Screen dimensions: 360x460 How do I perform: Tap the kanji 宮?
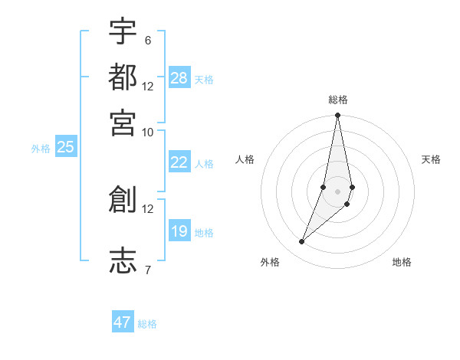coord(123,122)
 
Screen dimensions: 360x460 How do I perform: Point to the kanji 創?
coord(123,199)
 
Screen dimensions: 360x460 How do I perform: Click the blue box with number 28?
coord(179,78)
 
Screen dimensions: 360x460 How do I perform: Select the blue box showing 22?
coord(179,162)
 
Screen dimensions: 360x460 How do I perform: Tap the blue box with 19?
coord(179,231)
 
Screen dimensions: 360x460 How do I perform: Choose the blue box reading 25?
coord(66,147)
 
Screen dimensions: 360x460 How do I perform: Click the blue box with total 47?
coord(123,322)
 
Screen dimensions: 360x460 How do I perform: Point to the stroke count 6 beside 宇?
coord(147,41)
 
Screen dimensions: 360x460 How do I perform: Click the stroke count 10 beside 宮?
coord(147,131)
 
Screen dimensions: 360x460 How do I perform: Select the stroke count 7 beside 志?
coord(147,269)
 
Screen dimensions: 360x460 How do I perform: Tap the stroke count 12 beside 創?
coord(147,208)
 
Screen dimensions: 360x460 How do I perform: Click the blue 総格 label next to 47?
coord(147,324)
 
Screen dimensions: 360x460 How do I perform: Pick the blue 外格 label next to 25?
coord(41,149)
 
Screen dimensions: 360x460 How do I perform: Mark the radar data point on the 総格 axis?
coord(337,116)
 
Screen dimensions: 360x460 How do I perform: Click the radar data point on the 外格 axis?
coord(302,242)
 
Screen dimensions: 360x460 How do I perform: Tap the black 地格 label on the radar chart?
coord(402,263)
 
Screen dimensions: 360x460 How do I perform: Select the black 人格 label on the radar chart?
coord(245,159)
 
